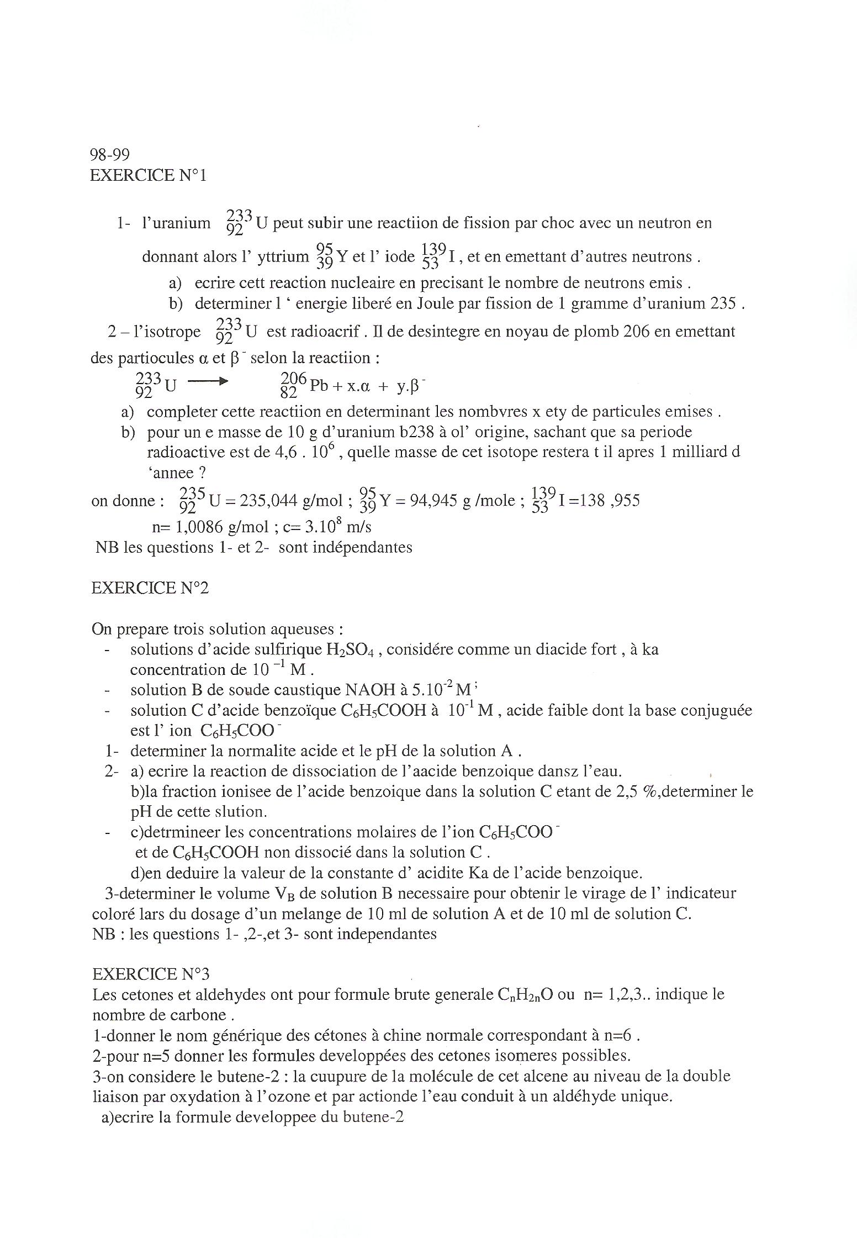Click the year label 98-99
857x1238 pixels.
109,154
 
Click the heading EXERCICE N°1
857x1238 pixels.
148,175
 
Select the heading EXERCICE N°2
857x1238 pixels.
150,588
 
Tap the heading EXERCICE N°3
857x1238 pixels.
151,974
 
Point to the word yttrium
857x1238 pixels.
284,256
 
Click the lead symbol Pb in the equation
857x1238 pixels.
319,385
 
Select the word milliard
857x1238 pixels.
698,452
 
